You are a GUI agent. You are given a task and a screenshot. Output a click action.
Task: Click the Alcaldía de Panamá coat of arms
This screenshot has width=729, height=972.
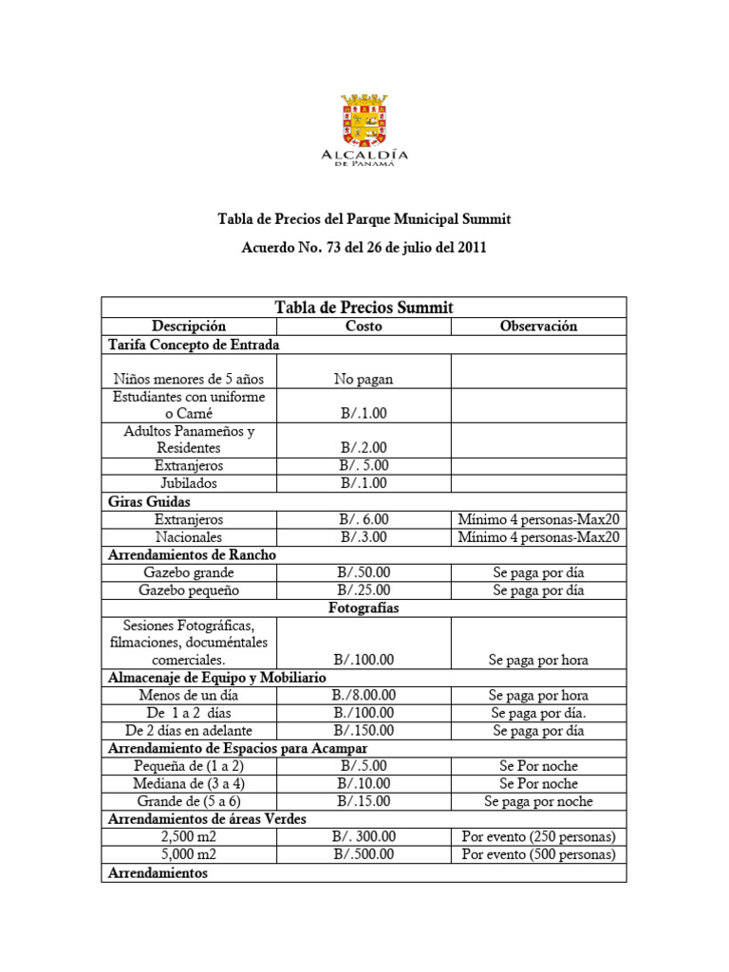[364, 120]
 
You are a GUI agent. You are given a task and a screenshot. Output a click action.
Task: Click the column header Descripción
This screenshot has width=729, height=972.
[189, 326]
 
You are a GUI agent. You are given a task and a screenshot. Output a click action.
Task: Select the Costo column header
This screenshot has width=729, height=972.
[364, 326]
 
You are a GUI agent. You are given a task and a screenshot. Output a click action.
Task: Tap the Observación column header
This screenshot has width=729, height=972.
[538, 326]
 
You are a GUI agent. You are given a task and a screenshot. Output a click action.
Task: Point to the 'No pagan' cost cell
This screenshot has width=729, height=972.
[364, 379]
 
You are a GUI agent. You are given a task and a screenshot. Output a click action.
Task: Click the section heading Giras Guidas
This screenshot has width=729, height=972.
[150, 501]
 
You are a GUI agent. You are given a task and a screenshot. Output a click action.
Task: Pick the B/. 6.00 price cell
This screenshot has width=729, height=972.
[364, 519]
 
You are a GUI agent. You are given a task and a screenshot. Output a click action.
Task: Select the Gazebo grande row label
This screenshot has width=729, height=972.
[189, 572]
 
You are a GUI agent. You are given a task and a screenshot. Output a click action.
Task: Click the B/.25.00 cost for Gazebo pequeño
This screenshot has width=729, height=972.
[364, 590]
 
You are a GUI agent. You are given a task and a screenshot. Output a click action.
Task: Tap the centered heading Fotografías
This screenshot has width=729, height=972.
[364, 607]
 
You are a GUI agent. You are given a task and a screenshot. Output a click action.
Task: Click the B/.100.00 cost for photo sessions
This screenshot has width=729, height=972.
[364, 660]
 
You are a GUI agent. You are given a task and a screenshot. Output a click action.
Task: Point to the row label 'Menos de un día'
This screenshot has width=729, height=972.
[189, 695]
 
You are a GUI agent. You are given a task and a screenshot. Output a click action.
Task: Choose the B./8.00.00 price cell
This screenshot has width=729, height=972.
[364, 695]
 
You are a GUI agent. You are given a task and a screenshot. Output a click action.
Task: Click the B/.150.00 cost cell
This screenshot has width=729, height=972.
[364, 731]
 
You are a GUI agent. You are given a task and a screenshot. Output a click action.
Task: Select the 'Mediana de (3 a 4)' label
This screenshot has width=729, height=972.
[189, 783]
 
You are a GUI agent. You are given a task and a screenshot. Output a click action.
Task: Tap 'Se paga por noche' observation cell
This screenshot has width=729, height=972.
[538, 801]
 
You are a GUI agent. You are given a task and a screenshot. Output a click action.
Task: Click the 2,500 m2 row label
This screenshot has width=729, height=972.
[189, 836]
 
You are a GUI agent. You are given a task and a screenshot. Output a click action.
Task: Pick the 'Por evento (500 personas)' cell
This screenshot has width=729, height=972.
[538, 854]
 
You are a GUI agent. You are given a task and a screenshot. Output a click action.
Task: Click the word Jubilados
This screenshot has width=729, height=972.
[189, 483]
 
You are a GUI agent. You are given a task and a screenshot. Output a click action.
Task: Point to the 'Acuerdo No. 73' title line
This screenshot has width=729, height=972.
[364, 249]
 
